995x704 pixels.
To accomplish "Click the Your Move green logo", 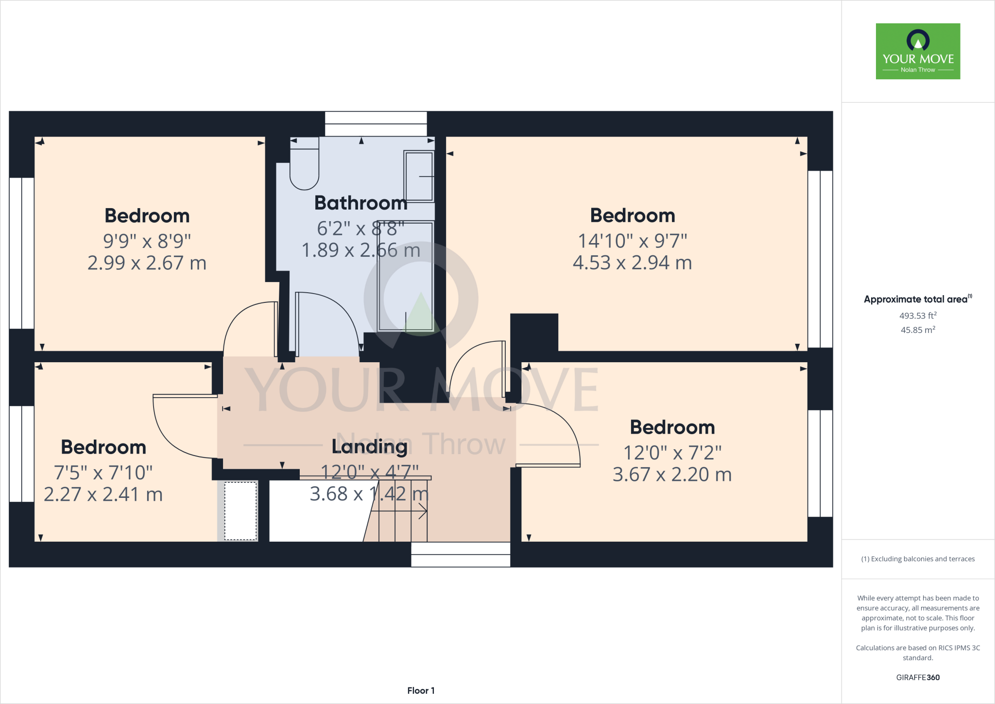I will click(918, 51).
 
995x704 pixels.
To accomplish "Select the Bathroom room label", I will click(360, 203).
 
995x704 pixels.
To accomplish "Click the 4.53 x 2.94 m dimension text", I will click(632, 263).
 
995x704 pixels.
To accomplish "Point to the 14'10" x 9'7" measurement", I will click(632, 241).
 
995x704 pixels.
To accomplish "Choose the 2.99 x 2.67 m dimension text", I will click(147, 263).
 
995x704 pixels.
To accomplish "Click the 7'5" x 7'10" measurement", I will click(103, 473).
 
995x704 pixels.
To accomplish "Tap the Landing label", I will click(369, 446).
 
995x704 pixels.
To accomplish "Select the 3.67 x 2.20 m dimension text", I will click(672, 475).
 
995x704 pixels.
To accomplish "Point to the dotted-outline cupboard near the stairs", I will click(240, 510).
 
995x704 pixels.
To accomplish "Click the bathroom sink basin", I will click(419, 176).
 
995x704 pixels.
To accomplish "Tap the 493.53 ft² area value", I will click(917, 316).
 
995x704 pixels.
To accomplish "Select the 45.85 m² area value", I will click(917, 330).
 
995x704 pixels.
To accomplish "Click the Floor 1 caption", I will click(421, 690).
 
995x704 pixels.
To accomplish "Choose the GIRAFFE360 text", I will click(917, 677).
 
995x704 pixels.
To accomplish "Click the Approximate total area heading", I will click(916, 299).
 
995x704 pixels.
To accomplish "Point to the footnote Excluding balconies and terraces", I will click(917, 559).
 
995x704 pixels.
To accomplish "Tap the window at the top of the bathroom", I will click(376, 123).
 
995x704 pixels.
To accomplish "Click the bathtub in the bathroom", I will click(405, 276).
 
